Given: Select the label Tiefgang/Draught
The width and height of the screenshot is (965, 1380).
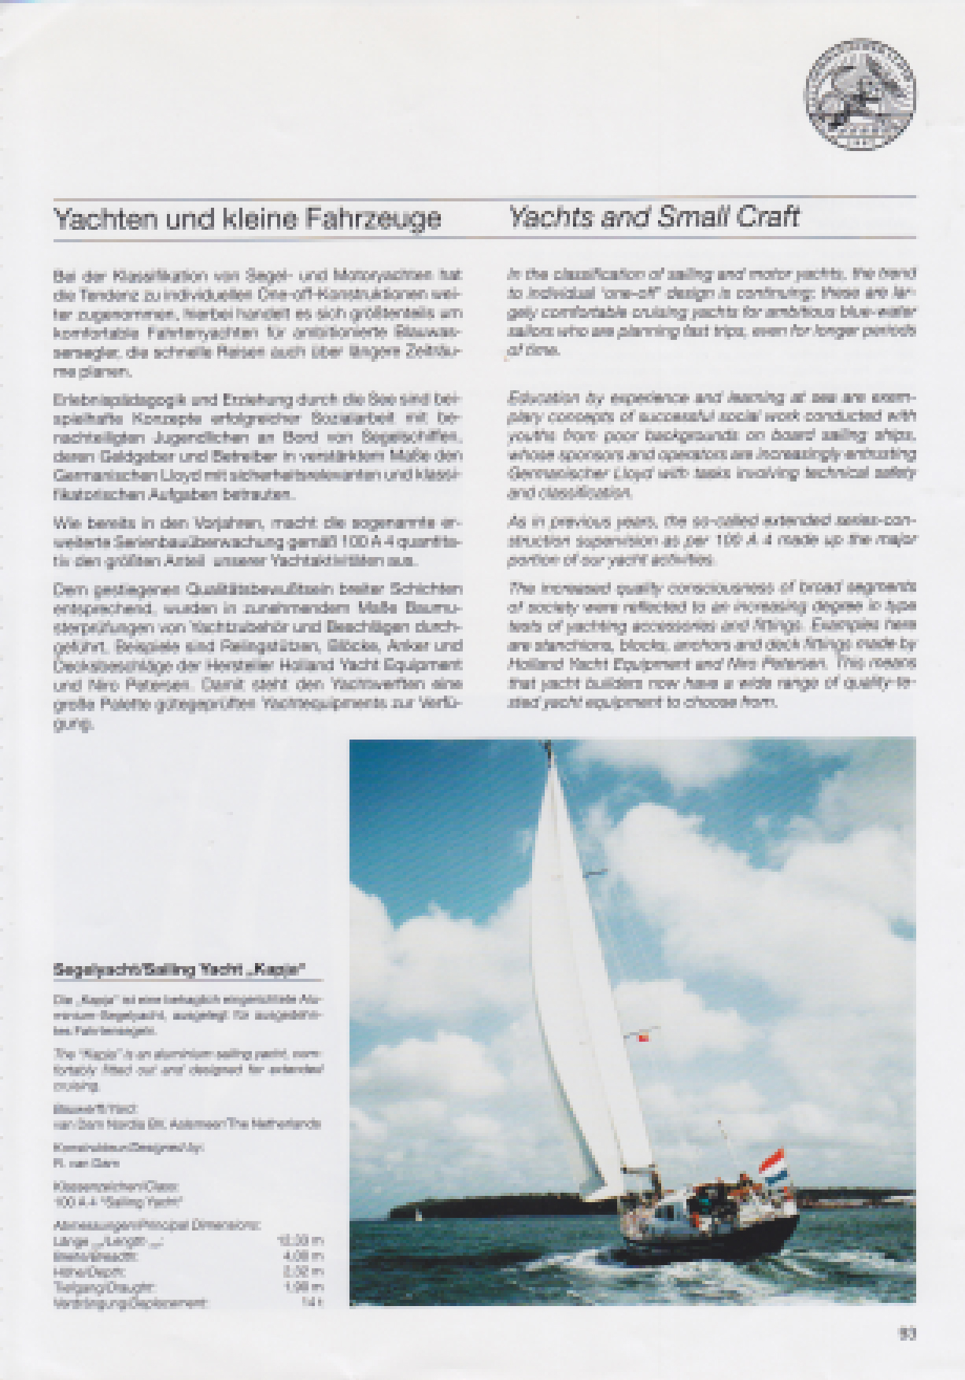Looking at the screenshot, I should click(103, 1287).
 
